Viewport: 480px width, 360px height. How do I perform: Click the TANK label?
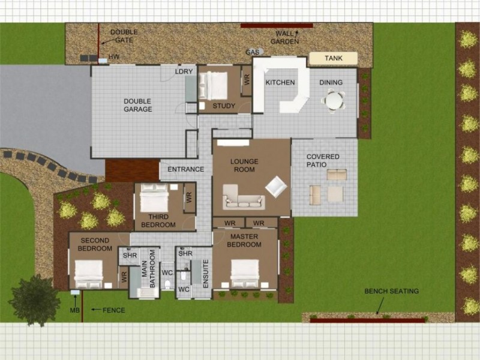(x=333, y=59)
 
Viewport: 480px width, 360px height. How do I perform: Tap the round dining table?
(x=334, y=100)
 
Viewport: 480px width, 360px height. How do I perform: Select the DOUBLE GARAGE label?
(x=137, y=105)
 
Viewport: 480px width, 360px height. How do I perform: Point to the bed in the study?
(x=212, y=85)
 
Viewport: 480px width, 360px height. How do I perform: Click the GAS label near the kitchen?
(x=252, y=52)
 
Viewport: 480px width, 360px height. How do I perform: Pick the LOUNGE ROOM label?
(x=244, y=166)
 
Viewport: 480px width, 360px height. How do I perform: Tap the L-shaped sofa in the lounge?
(x=243, y=197)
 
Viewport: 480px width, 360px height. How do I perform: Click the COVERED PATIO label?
(x=323, y=160)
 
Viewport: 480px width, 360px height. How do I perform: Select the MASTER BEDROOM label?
(x=245, y=241)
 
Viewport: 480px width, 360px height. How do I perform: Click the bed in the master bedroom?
(x=245, y=273)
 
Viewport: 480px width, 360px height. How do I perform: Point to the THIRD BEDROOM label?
(x=158, y=221)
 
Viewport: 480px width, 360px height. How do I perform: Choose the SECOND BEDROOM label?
(x=95, y=244)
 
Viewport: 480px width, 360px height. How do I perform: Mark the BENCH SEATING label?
(x=391, y=292)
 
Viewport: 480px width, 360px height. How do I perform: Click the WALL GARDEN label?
(x=284, y=37)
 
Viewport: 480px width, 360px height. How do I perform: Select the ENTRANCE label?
(x=185, y=169)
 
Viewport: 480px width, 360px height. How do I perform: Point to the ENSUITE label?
(x=205, y=273)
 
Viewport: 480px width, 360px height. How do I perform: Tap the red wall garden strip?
(x=277, y=26)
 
